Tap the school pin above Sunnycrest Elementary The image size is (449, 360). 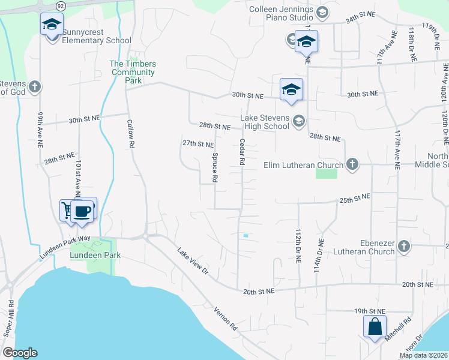pos(52,25)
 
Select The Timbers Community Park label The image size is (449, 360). pos(132,72)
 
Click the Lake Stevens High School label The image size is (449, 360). pos(265,122)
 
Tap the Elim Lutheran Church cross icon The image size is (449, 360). pos(352,164)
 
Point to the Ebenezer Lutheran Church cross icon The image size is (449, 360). pos(404,246)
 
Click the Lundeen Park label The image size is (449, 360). pos(95,255)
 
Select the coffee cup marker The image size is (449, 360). pos(83,211)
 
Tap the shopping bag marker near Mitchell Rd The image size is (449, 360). pos(375,328)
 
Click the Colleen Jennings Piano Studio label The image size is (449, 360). pos(281,14)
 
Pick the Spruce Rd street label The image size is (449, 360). pos(214,167)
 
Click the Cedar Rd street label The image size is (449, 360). pos(242,152)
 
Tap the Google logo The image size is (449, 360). pos(20,353)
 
